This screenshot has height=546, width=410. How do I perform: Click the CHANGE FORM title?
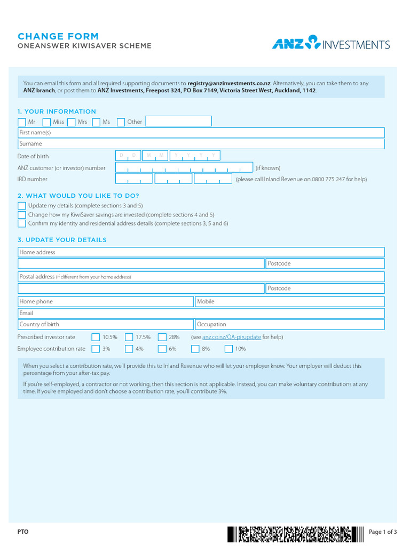coord(58,36)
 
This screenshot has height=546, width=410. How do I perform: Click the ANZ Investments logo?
coord(331,43)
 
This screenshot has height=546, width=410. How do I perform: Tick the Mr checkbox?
coord(22,122)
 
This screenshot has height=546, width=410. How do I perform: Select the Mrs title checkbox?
coord(71,122)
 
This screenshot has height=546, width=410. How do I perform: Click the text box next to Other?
coord(178,122)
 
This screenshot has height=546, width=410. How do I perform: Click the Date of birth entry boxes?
coord(168,156)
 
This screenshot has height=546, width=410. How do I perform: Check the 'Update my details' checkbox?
coord(22,206)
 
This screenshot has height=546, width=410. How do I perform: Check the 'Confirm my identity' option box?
coord(22,223)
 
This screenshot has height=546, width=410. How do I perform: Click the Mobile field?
coord(289,302)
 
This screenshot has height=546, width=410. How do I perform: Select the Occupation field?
coord(289,324)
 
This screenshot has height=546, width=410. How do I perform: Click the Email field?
coord(201,313)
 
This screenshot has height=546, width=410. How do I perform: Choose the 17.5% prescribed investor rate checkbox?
coord(129,337)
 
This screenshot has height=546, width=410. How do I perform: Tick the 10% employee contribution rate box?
coord(228,349)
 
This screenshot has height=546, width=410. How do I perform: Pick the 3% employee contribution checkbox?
coord(96,349)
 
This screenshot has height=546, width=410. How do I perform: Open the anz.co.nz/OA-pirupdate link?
coord(232,337)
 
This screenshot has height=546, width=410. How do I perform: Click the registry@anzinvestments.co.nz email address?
coord(229,83)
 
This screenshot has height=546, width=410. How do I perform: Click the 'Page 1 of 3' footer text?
coord(383,532)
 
